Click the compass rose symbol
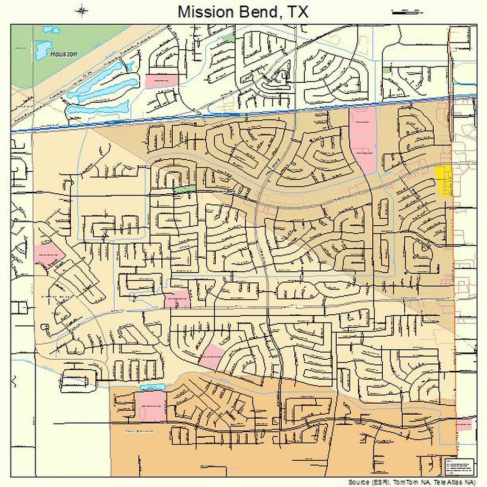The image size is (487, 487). click(x=81, y=10)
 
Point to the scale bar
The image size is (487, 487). click(x=407, y=12)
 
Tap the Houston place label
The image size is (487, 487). click(x=64, y=53)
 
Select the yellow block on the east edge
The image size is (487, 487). click(x=444, y=180)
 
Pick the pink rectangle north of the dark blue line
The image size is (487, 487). click(x=162, y=81)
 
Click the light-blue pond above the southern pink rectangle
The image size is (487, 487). click(x=152, y=387)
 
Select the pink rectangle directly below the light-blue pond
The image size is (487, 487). click(x=151, y=406)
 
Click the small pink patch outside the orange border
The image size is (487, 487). click(x=463, y=424)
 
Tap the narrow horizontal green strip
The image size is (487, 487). click(x=184, y=189)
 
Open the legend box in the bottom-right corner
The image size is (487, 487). click(x=459, y=467)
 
